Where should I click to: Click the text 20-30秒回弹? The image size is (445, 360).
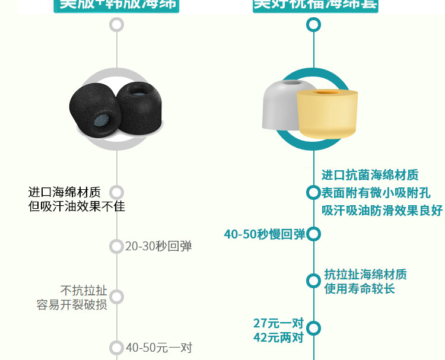pyautogui.click(x=158, y=246)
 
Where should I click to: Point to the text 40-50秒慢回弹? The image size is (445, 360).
pyautogui.click(x=264, y=234)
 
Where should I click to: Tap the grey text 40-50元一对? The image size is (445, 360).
pyautogui.click(x=158, y=348)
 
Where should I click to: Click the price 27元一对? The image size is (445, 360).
pyautogui.click(x=278, y=323)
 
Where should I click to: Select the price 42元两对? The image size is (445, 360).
pyautogui.click(x=278, y=337)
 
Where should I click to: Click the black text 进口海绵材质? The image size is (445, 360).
pyautogui.click(x=65, y=192)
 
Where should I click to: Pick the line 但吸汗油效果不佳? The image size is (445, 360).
pyautogui.click(x=77, y=206)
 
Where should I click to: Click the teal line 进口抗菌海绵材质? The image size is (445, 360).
pyautogui.click(x=370, y=175)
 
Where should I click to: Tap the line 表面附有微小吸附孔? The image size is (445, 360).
pyautogui.click(x=376, y=193)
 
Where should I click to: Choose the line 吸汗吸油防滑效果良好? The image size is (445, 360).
pyautogui.click(x=382, y=211)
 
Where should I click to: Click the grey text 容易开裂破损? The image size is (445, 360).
pyautogui.click(x=72, y=305)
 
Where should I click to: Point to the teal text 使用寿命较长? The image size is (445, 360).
pyautogui.click(x=360, y=289)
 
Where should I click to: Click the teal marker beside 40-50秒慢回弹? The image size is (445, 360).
pyautogui.click(x=313, y=234)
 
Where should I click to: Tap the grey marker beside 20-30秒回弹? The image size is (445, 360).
pyautogui.click(x=117, y=246)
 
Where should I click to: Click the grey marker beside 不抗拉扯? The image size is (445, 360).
pyautogui.click(x=117, y=297)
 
